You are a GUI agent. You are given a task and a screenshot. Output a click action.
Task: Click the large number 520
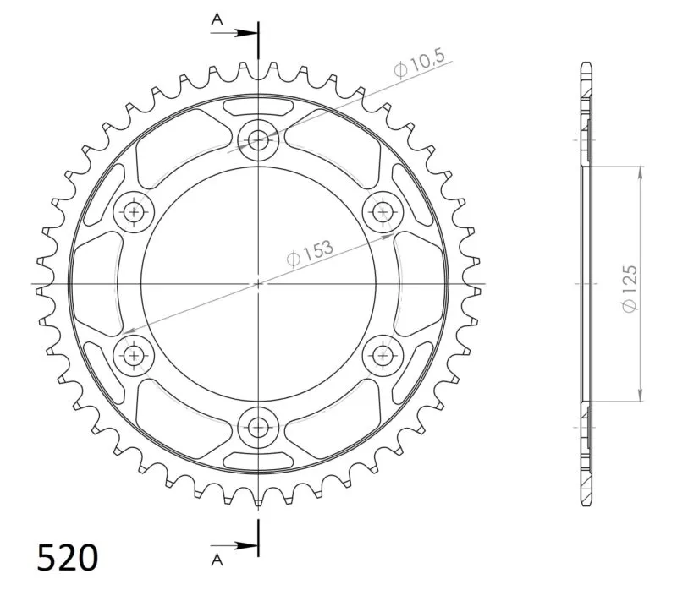(68, 557)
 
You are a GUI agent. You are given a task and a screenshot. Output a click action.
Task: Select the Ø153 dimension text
(310, 254)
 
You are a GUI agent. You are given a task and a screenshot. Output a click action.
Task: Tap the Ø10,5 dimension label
(419, 64)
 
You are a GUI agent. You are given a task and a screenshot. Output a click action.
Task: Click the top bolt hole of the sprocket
(258, 140)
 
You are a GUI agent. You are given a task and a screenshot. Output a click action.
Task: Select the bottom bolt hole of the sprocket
(258, 428)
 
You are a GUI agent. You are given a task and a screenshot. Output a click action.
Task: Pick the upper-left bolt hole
(134, 212)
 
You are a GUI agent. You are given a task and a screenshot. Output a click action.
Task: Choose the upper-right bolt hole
(383, 212)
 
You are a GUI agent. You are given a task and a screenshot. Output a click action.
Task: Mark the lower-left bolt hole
(134, 356)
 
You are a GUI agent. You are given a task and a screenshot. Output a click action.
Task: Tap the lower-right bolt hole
(383, 356)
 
